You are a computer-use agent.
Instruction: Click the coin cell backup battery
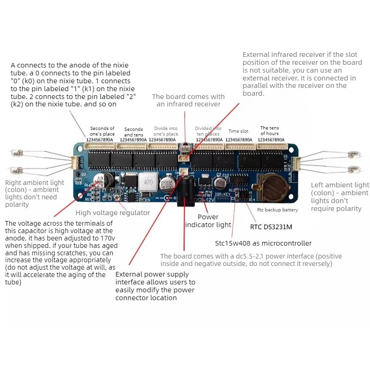(x=273, y=188)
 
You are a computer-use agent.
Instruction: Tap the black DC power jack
(x=186, y=191)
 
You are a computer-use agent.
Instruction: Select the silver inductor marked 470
(x=148, y=182)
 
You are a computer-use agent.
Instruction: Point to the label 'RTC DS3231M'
(x=271, y=227)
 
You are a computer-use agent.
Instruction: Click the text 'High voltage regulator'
(x=112, y=213)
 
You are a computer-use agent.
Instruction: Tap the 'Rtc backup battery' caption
(x=277, y=210)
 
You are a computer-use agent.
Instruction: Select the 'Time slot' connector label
(x=238, y=131)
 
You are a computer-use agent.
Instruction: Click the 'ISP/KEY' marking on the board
(x=223, y=194)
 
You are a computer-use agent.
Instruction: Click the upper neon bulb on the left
(x=17, y=154)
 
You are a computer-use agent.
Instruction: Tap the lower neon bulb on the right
(x=354, y=169)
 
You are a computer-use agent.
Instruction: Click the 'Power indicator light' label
(x=208, y=221)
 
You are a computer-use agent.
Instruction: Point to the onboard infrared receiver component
(x=185, y=148)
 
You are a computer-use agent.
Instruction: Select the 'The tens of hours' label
(x=270, y=131)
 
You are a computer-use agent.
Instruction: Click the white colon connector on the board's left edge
(x=75, y=163)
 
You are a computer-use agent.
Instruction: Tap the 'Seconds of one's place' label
(x=102, y=131)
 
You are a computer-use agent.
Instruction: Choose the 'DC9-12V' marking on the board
(x=204, y=200)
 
